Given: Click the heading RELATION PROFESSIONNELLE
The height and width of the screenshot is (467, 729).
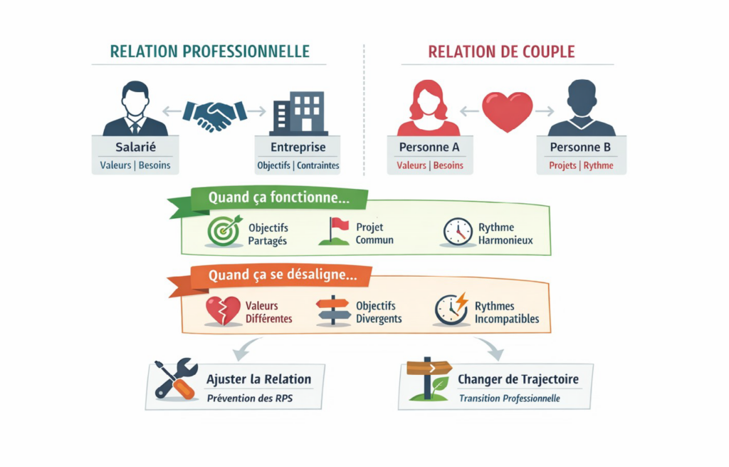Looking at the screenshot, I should (x=210, y=52).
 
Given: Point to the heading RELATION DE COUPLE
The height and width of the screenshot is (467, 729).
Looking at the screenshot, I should (x=501, y=52).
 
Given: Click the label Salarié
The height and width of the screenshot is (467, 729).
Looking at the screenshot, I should (x=135, y=148).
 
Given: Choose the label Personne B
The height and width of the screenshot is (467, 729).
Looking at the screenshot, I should (x=581, y=148).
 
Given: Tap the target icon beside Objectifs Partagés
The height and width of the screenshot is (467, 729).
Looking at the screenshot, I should (x=224, y=231).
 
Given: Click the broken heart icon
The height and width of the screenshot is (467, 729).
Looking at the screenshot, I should (x=222, y=311).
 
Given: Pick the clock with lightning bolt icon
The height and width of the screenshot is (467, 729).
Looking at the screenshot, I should (x=451, y=309).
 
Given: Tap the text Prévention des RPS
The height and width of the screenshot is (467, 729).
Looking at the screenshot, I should (x=249, y=398).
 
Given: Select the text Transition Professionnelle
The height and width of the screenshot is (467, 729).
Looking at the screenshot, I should (x=509, y=398).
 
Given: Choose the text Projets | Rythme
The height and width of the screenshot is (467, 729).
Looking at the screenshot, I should (x=581, y=165).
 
